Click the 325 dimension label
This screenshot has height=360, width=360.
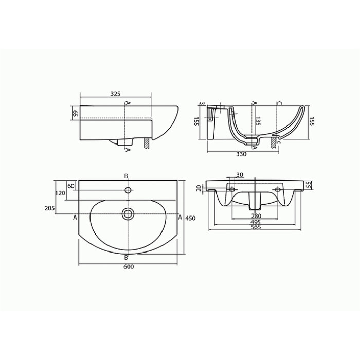pos(116,94)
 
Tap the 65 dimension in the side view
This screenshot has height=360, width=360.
pos(75,113)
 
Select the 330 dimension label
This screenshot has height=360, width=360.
pos(241,154)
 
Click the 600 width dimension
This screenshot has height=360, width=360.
pos(129,267)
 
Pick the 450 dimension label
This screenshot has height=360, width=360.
pos(191,218)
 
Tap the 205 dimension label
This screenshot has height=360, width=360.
pos(50,208)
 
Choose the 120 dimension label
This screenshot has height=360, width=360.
pos(60,193)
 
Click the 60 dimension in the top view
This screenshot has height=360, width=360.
pos(71,186)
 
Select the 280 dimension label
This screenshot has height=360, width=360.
pos(256,216)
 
